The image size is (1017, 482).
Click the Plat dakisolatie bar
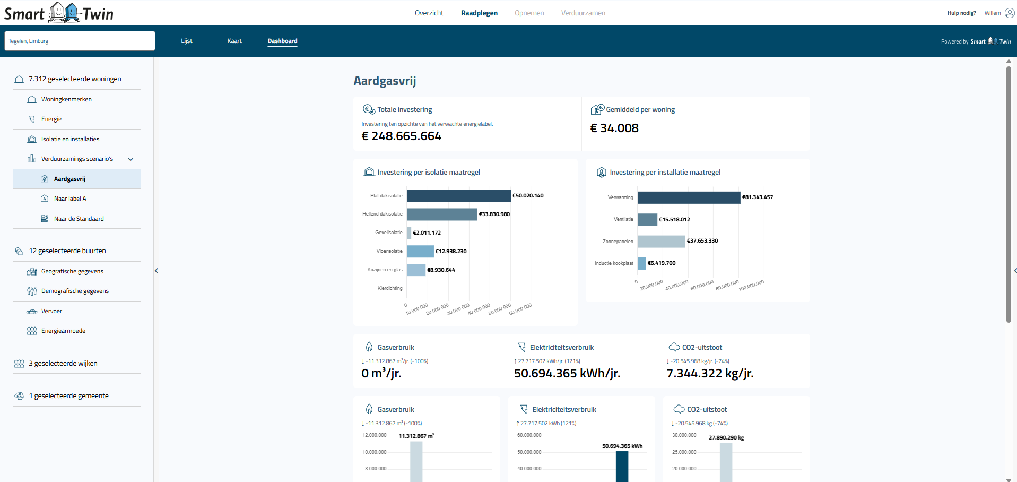(x=458, y=196)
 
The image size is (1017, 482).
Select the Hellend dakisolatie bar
(x=442, y=214)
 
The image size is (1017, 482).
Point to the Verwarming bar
(x=689, y=197)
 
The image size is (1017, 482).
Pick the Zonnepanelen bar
(x=661, y=242)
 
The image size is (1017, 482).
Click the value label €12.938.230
(x=451, y=252)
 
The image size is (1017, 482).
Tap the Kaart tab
(x=234, y=41)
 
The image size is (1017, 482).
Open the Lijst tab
(x=186, y=41)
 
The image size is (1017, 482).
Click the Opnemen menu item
(x=529, y=13)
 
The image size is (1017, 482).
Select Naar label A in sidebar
(x=69, y=199)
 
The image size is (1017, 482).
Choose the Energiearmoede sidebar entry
(x=63, y=331)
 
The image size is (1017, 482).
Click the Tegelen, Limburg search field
(x=80, y=41)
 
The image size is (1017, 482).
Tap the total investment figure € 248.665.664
(x=401, y=136)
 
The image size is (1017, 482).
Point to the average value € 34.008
(x=614, y=128)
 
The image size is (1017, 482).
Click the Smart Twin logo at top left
(x=59, y=13)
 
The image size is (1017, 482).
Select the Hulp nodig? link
(x=961, y=13)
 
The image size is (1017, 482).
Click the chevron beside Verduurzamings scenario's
(x=131, y=159)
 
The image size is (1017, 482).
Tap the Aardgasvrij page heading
(x=385, y=81)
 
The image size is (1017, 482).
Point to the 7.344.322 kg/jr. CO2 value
(x=710, y=374)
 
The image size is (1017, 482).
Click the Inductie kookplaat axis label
(x=614, y=263)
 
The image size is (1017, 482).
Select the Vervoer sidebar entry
(x=51, y=311)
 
